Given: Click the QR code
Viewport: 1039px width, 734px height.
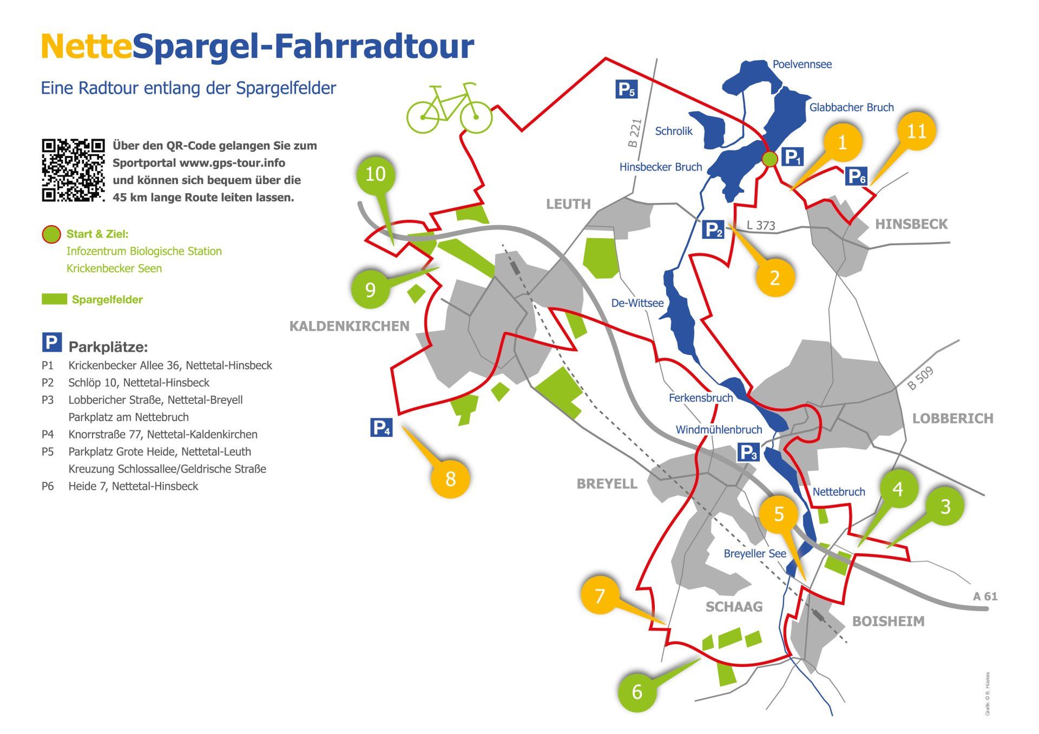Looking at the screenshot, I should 73,171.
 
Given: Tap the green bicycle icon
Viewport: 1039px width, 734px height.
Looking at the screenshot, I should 449,109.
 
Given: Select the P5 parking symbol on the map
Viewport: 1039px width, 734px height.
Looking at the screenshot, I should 626,89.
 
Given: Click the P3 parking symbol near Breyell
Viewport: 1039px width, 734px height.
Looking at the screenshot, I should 748,453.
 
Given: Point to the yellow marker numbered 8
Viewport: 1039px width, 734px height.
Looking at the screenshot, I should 450,479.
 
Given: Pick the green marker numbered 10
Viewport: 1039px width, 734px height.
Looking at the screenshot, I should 376,174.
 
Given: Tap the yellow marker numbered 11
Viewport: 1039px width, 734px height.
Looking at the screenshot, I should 916,131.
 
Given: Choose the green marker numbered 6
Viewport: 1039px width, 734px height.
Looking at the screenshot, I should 637,691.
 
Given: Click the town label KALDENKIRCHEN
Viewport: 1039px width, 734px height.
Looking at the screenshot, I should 349,326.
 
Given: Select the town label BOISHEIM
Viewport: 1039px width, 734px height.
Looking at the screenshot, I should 888,621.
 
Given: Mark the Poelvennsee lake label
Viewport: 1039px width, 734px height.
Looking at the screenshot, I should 801,64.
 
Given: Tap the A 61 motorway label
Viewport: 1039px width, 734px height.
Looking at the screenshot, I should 985,596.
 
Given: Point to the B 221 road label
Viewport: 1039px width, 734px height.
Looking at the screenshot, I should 635,133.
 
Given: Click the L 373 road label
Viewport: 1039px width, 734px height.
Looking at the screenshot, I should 761,225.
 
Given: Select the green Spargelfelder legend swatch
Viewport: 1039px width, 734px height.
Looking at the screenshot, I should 54,299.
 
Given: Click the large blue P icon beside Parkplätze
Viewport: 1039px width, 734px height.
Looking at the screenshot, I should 52,343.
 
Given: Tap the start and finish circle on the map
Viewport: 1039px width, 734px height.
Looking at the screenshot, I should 770,159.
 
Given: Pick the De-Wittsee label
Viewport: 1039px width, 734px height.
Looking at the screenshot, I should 637,303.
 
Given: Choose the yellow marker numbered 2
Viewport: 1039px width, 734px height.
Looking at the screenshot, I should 775,278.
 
